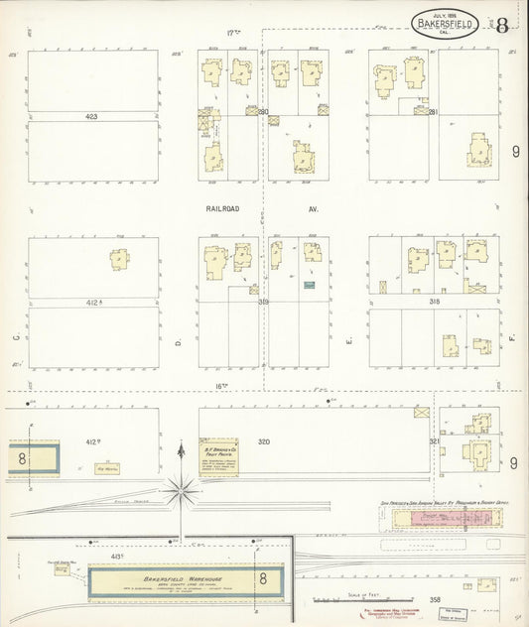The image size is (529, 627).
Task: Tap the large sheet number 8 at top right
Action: [502, 26]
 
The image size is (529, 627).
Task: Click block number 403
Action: [91, 117]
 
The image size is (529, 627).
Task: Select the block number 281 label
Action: [433, 112]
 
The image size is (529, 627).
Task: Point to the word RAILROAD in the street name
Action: [225, 210]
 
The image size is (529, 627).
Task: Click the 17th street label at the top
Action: [234, 33]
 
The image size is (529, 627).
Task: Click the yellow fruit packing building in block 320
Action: [218, 457]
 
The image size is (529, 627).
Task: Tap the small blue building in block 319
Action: [309, 286]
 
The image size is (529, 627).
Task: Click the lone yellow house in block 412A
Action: [119, 260]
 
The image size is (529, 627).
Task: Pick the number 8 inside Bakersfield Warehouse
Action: [263, 578]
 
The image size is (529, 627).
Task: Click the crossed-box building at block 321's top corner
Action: [423, 410]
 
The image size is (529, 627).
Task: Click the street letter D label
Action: [179, 342]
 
